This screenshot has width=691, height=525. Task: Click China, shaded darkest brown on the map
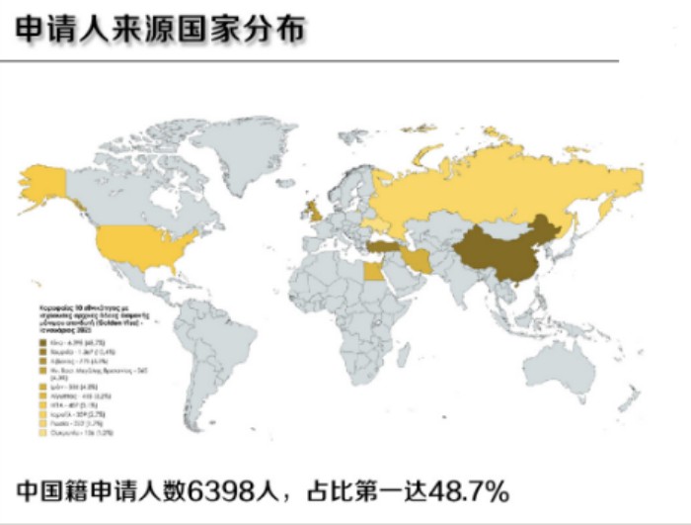[503, 247]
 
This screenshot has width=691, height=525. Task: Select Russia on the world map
[494, 188]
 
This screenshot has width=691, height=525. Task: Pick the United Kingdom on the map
[312, 210]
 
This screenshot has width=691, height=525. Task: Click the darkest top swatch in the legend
[41, 342]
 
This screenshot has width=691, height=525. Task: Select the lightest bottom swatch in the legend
[41, 432]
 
